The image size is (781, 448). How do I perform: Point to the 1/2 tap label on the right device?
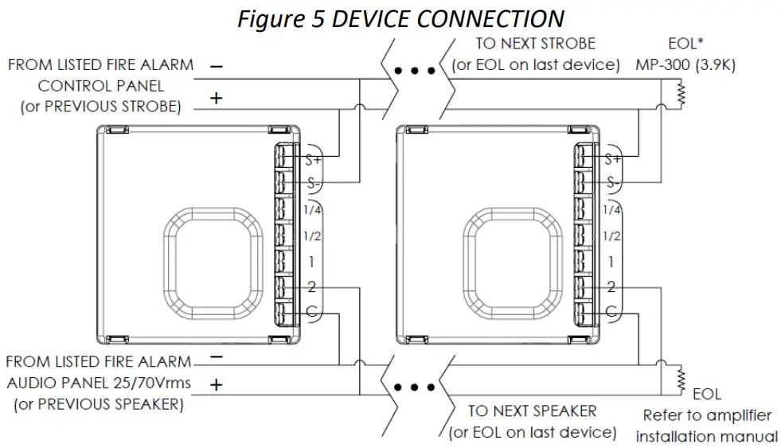[x=611, y=236]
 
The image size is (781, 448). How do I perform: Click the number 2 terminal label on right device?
[x=611, y=287]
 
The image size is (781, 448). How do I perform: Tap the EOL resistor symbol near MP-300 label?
[x=681, y=95]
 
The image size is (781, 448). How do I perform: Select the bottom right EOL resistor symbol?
[x=681, y=378]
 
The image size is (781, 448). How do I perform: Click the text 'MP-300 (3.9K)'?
[x=685, y=64]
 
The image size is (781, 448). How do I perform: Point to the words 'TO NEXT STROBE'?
[x=535, y=43]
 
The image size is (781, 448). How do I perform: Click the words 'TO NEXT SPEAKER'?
[x=532, y=411]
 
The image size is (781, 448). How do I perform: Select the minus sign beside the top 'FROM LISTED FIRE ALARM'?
[x=216, y=66]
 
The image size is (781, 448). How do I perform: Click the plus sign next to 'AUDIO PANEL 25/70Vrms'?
[x=215, y=384]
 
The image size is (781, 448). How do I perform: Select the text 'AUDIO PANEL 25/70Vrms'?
[x=99, y=383]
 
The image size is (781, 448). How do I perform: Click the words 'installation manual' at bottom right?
[x=706, y=436]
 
